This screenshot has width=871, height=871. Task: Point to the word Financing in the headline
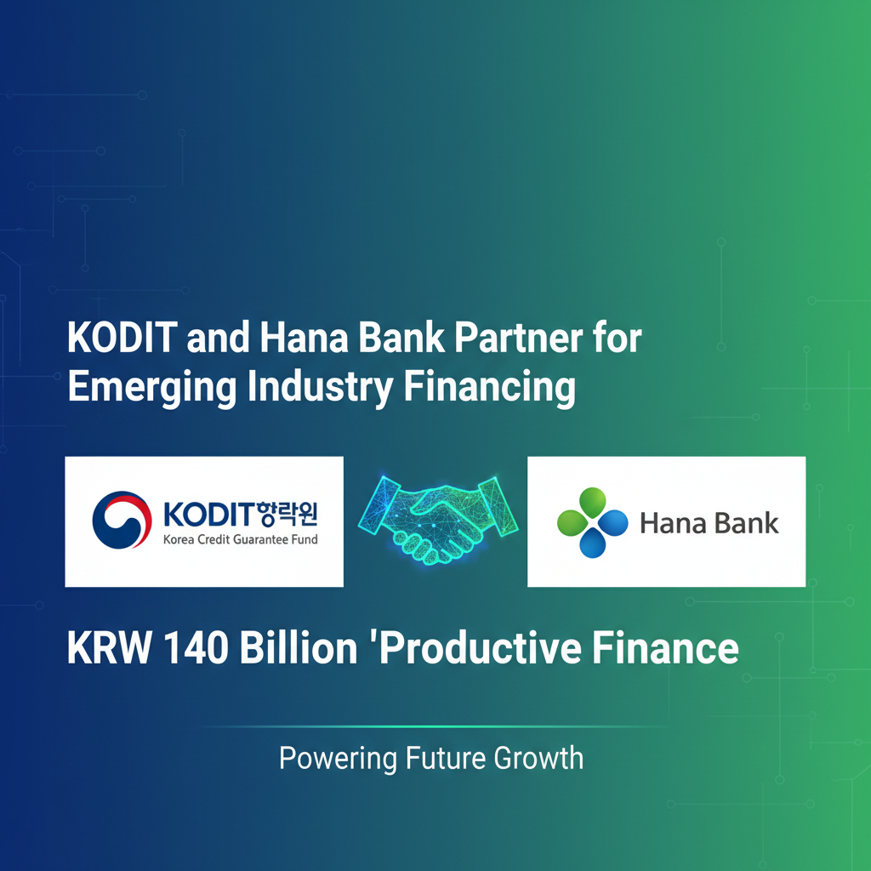coord(489,388)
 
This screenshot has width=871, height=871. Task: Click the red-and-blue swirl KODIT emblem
coord(120,521)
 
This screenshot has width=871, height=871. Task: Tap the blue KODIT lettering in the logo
coord(207,514)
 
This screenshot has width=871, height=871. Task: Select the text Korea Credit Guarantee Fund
coord(239,539)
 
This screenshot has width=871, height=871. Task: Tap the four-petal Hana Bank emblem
coord(592,522)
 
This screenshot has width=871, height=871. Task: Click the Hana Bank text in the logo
coord(709,522)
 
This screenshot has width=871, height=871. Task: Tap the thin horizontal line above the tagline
coord(435,727)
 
